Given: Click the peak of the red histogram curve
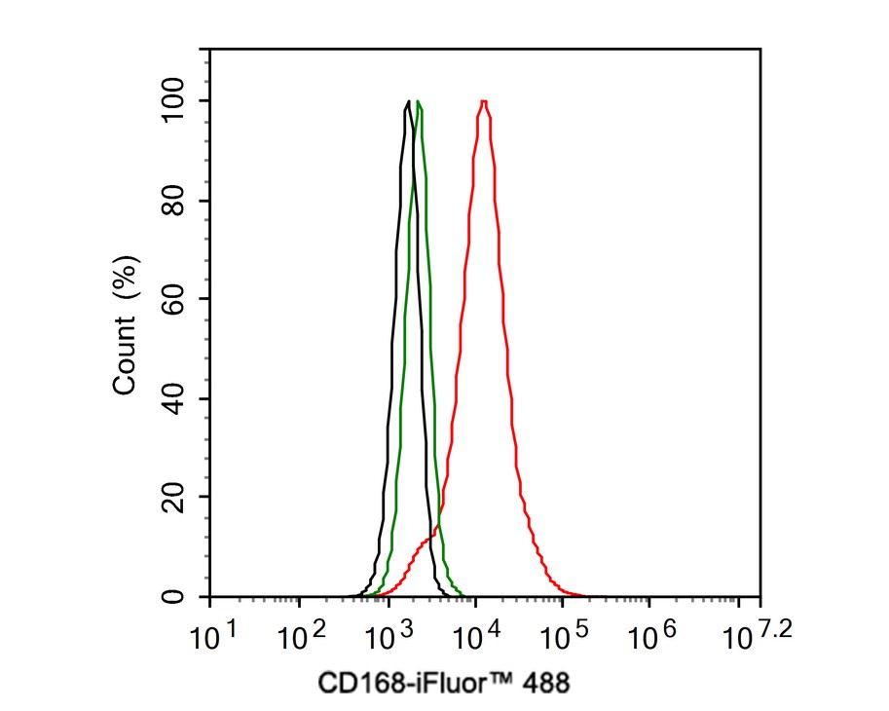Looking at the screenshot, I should pyautogui.click(x=483, y=101).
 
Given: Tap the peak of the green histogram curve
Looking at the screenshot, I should pyautogui.click(x=418, y=101).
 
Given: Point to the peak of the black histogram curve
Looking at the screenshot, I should pyautogui.click(x=407, y=101).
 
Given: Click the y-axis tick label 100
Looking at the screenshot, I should pyautogui.click(x=175, y=100).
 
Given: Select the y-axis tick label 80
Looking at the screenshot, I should pyautogui.click(x=175, y=201).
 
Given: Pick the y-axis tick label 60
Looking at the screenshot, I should pyautogui.click(x=175, y=299).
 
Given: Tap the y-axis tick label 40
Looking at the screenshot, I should pyautogui.click(x=175, y=398).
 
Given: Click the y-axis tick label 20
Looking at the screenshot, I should pyautogui.click(x=175, y=497).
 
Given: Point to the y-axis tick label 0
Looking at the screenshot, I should pyautogui.click(x=175, y=596).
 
